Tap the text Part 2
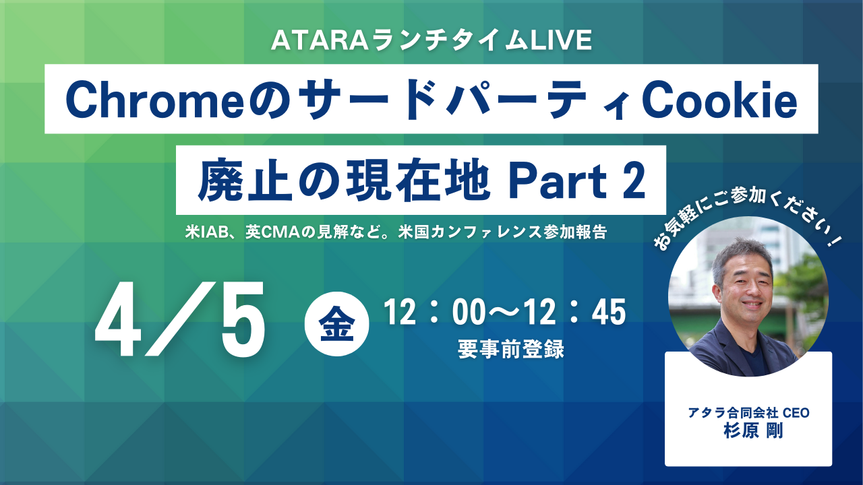click(577, 181)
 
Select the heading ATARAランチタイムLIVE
click(431, 40)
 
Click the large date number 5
click(243, 319)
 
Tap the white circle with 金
click(336, 324)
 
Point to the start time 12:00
click(435, 313)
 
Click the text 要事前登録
click(511, 349)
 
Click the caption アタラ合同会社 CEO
click(748, 413)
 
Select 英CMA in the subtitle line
click(272, 232)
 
